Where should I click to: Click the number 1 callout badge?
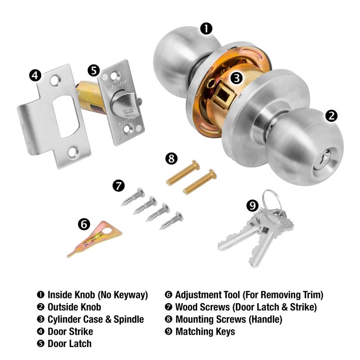click(206, 29)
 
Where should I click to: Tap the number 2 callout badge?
click(331, 116)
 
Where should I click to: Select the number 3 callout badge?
click(237, 77)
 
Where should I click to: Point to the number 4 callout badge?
click(36, 75)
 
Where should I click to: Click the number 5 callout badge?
click(93, 70)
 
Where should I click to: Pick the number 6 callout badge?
click(84, 224)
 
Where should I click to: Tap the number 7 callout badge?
click(118, 185)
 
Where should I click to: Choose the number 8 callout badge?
click(171, 158)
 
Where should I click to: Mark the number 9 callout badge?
click(253, 206)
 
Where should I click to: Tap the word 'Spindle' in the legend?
click(128, 319)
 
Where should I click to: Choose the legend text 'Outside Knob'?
click(74, 307)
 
